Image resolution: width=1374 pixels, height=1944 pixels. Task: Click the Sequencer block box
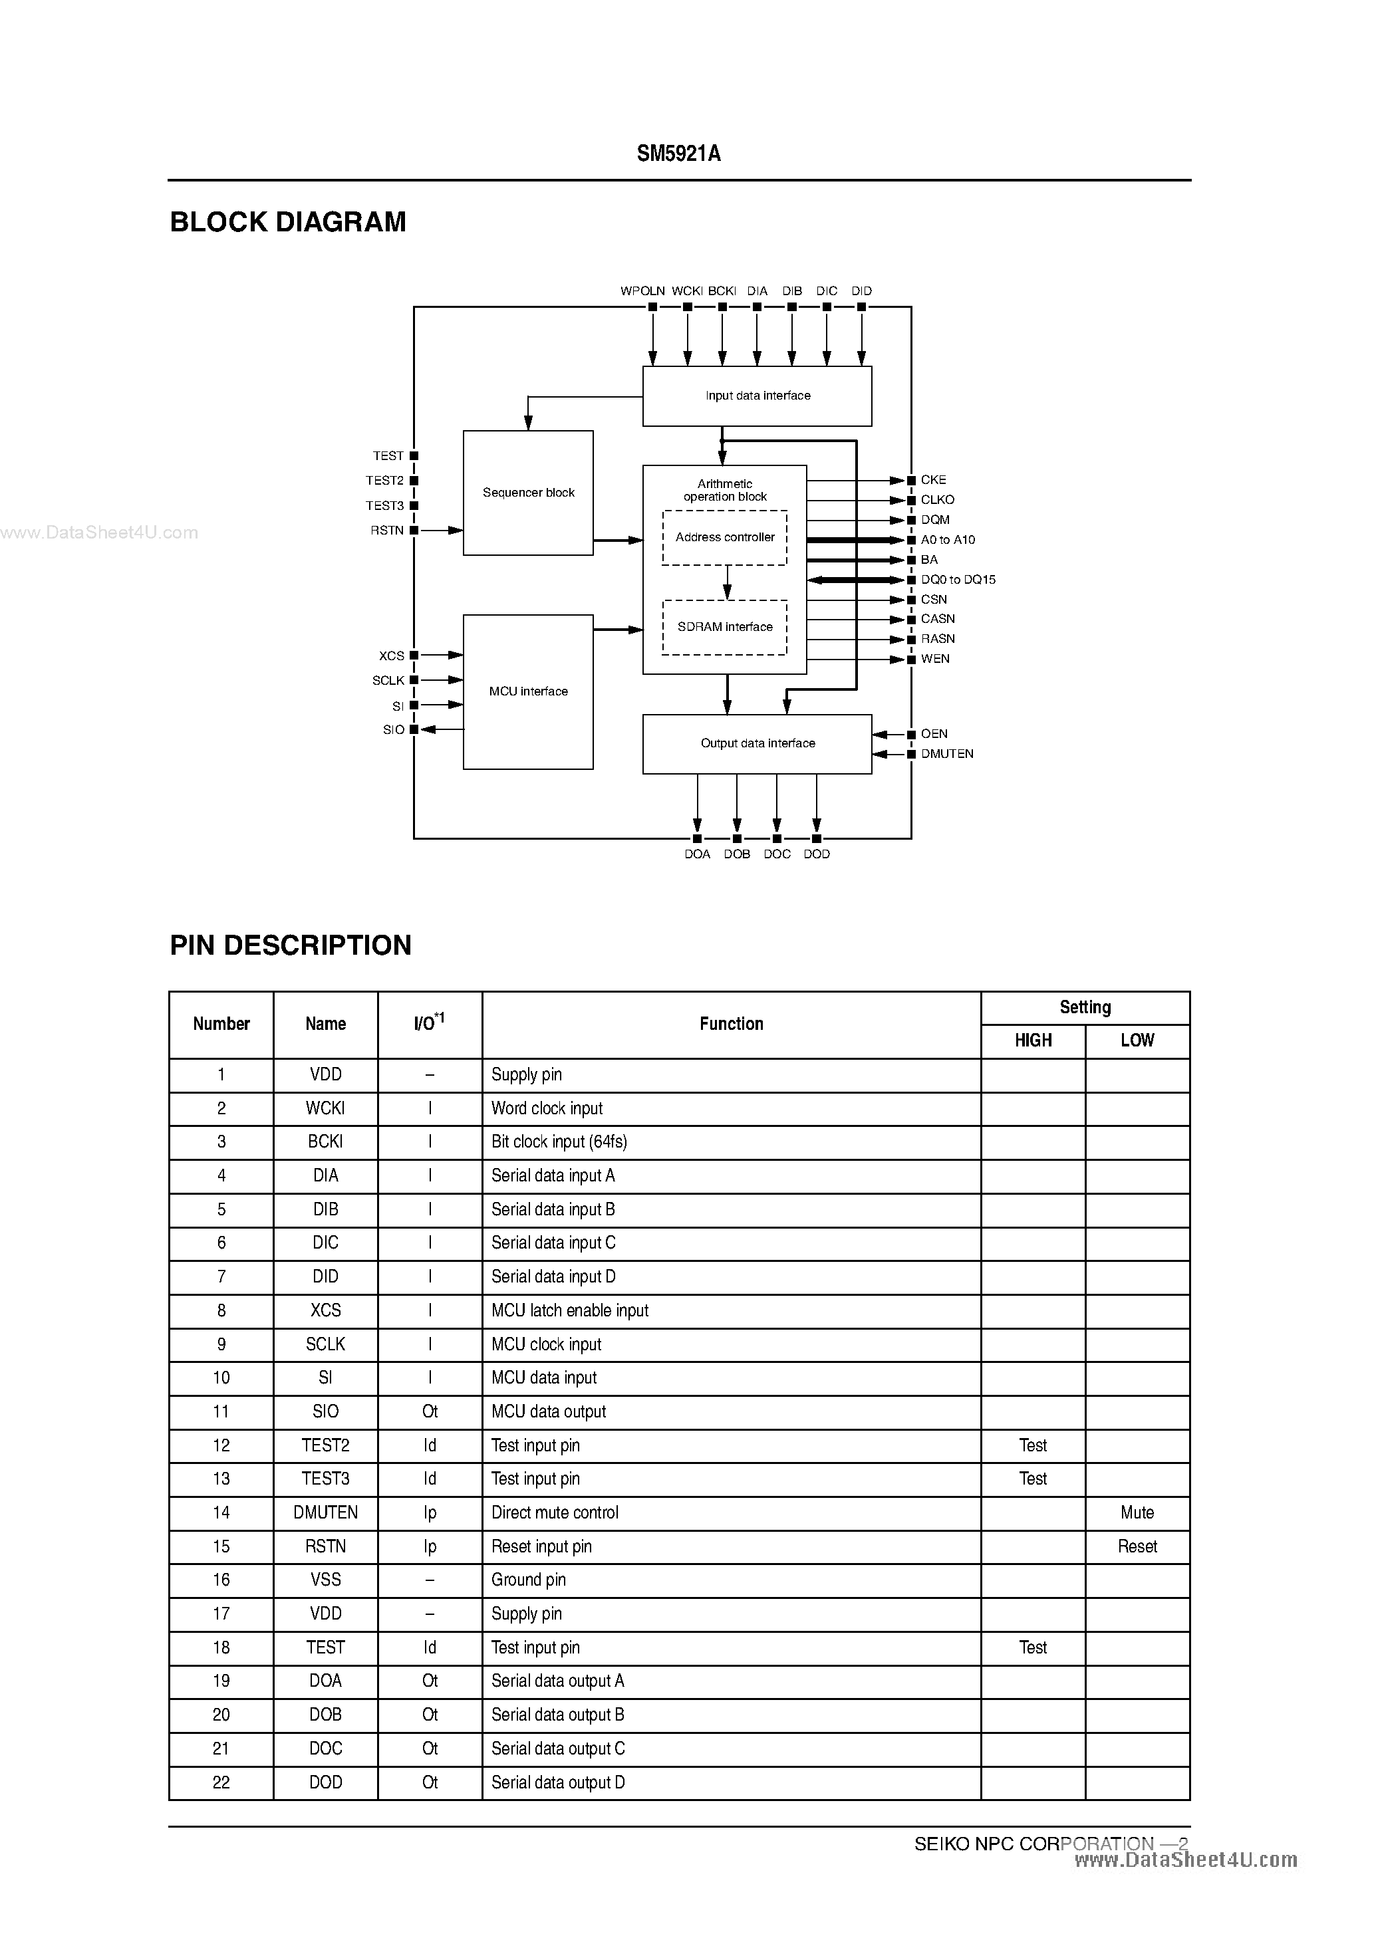tap(528, 493)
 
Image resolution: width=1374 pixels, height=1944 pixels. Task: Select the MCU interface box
tap(528, 691)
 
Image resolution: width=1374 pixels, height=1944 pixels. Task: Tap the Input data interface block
tap(757, 396)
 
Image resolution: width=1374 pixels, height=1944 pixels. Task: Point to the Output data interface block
tap(757, 743)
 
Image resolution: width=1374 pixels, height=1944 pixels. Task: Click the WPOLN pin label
tap(642, 291)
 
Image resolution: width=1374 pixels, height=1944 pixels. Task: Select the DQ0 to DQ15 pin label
tap(958, 580)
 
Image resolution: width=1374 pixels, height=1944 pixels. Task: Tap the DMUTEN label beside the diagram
tap(947, 753)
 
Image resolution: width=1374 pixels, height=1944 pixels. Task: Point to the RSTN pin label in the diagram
tap(387, 530)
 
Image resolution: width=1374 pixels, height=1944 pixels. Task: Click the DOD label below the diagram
tap(817, 854)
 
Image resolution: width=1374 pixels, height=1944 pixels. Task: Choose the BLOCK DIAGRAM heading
tap(288, 222)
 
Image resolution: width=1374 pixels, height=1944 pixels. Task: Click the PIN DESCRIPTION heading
tap(291, 945)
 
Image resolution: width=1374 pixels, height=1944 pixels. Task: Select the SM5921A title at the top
tap(678, 154)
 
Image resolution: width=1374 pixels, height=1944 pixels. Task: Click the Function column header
tap(731, 1024)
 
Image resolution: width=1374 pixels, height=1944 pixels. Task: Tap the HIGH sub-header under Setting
tap(1033, 1040)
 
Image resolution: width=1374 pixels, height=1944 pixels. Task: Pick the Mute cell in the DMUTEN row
tap(1137, 1513)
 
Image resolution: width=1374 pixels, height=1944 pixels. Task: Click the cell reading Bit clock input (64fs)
tap(559, 1142)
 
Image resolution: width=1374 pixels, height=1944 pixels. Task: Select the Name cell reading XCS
tap(325, 1310)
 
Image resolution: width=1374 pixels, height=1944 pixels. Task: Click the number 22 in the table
tap(221, 1782)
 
